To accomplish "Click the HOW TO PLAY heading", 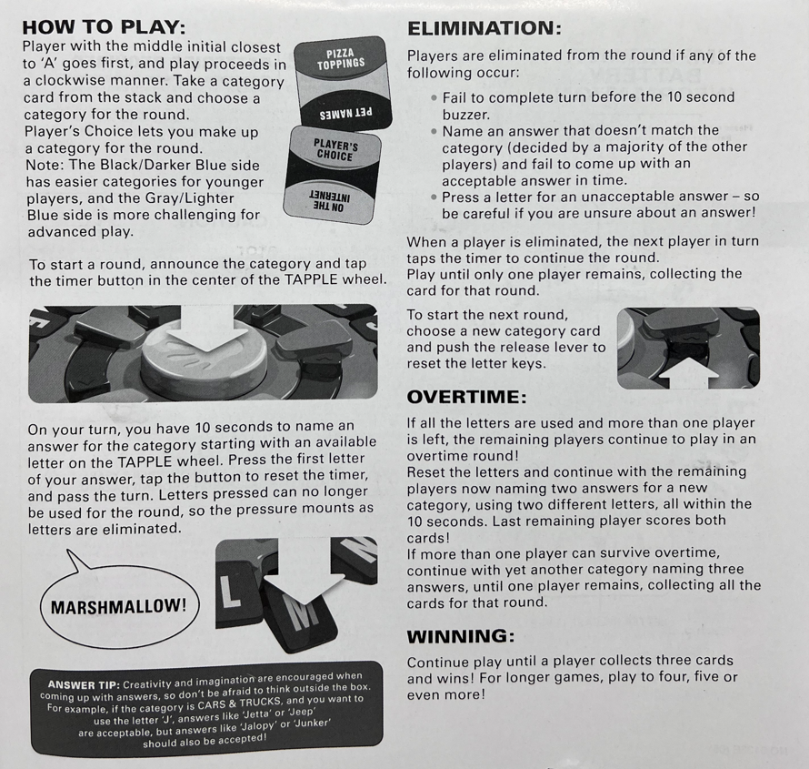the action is (104, 27).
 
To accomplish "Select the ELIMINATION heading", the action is (484, 28).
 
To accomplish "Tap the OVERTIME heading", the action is (466, 397).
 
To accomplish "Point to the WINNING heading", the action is (460, 636).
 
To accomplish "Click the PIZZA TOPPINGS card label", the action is (341, 59).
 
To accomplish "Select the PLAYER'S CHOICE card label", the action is (335, 150).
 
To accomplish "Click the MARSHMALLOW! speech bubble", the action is (118, 606).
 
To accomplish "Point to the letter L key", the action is (231, 591).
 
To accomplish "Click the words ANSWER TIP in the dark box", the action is (84, 684).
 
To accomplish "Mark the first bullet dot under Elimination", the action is (434, 97).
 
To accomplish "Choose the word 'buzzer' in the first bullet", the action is (465, 114).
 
